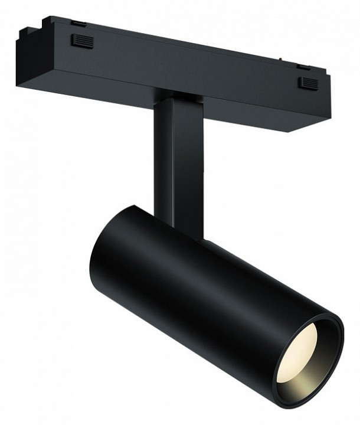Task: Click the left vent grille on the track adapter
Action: coord(82,41)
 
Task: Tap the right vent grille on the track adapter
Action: coord(307,83)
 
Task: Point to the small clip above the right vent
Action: coord(303,67)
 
